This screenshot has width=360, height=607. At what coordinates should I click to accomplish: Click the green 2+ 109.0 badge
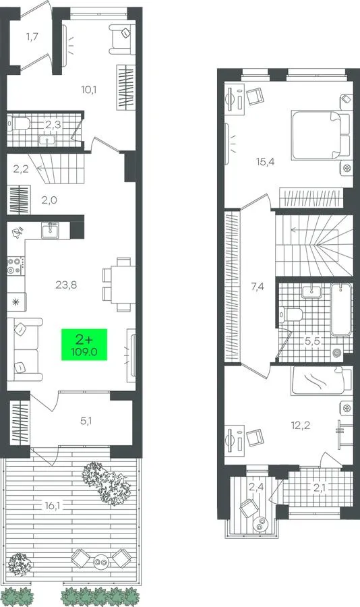tap(84, 345)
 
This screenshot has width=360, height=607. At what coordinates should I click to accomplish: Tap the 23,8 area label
tap(66, 285)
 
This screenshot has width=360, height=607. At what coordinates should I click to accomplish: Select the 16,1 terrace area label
tap(53, 505)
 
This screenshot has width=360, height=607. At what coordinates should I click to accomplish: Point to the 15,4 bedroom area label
tap(265, 162)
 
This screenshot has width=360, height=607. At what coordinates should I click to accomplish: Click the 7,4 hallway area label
tap(258, 287)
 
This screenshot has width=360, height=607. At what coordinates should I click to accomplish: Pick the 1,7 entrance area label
tap(32, 37)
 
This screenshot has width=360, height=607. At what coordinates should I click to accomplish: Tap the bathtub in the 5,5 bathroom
tap(341, 310)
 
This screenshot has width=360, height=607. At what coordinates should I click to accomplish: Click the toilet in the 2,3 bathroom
tap(20, 124)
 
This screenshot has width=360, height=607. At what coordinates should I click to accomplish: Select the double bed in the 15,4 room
tap(321, 135)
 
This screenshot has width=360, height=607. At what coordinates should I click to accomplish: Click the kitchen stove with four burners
tap(16, 266)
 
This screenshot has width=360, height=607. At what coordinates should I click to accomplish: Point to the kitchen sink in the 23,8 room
tap(51, 231)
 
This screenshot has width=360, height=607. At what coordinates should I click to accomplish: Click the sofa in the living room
tap(24, 349)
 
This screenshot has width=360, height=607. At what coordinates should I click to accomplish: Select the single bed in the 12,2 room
tap(322, 380)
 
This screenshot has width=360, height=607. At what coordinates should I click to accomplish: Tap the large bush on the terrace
tap(106, 483)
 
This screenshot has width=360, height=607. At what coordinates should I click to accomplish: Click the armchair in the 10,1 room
tap(122, 39)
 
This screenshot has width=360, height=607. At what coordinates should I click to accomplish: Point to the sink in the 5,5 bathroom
tap(311, 291)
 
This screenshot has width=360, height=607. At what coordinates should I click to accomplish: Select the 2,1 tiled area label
tap(319, 488)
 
